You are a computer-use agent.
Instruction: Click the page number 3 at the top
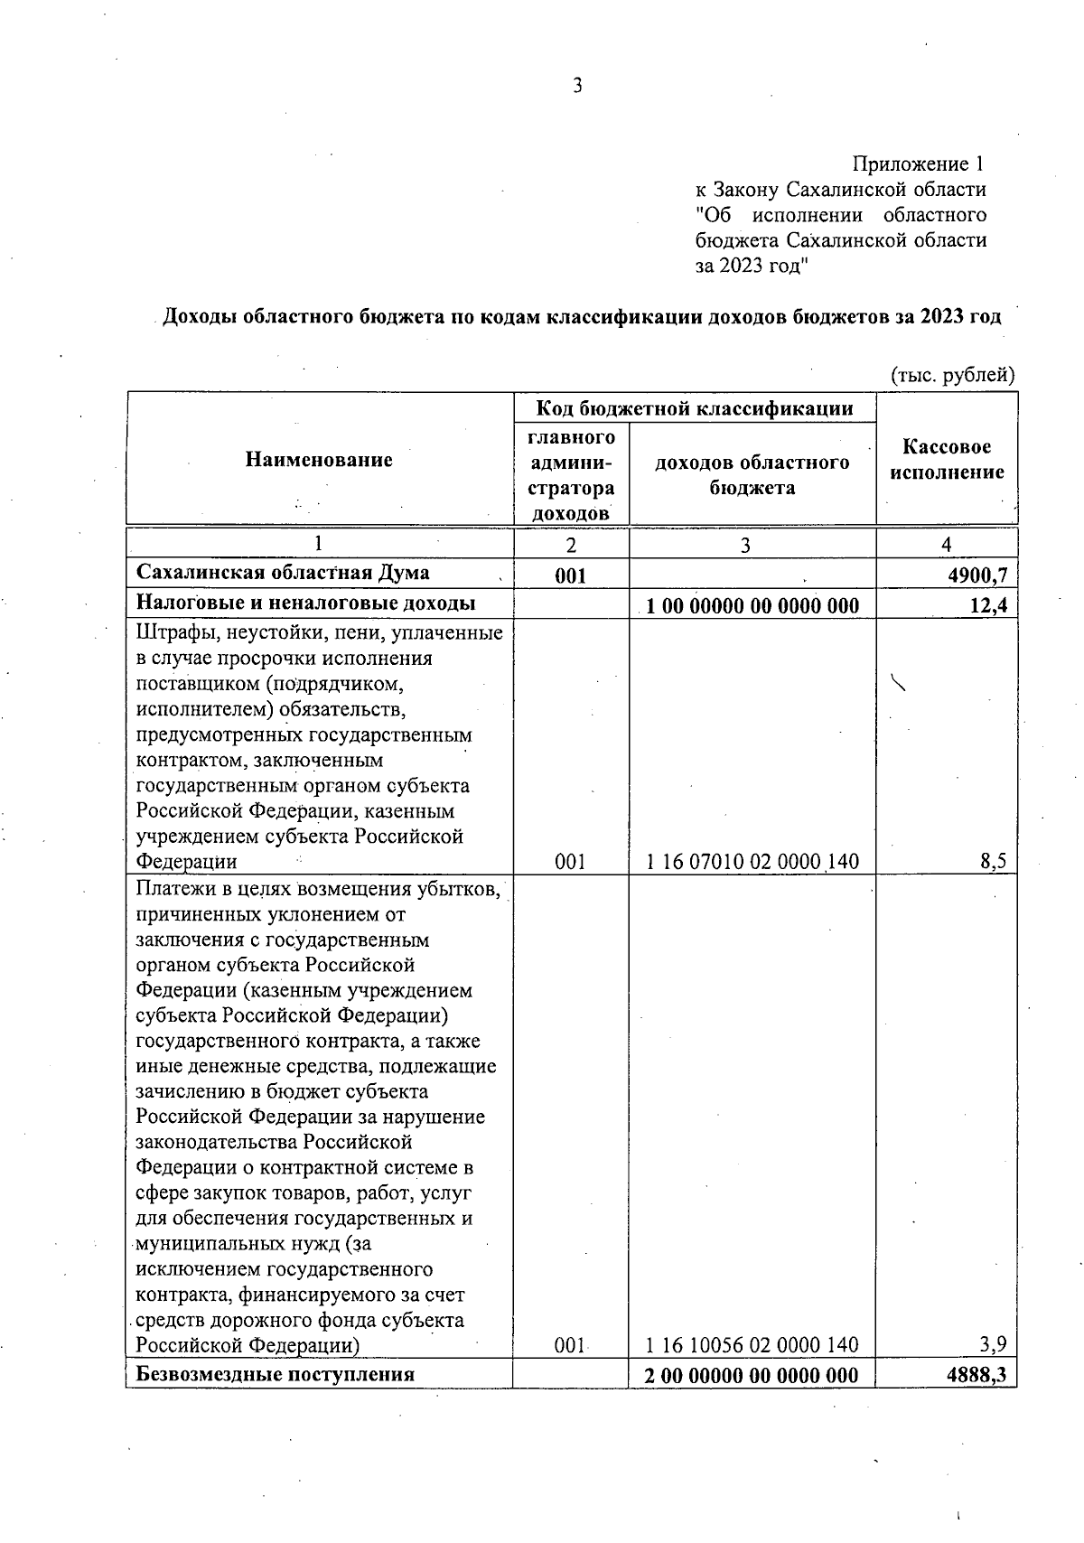point(578,86)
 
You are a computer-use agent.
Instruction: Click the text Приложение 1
point(918,164)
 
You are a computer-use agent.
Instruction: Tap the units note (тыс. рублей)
point(953,375)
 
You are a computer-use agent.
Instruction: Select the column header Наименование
point(319,460)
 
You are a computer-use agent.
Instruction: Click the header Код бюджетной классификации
point(695,408)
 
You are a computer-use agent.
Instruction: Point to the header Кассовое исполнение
point(947,460)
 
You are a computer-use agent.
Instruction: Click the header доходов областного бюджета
point(752,475)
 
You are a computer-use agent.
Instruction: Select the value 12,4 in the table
point(988,605)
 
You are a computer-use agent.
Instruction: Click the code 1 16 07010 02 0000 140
point(752,862)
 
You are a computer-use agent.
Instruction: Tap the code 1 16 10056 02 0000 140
point(752,1345)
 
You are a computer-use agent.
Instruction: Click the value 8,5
point(994,862)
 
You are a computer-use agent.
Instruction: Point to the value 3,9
point(994,1345)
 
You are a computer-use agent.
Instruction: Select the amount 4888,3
point(979,1375)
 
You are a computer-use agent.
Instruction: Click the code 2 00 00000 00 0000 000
point(752,1375)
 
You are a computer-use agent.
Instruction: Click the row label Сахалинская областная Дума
point(283,573)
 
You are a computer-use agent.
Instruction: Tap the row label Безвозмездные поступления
point(275,1375)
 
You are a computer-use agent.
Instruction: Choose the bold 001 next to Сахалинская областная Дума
point(571,575)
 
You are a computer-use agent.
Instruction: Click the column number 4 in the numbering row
point(946,544)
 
